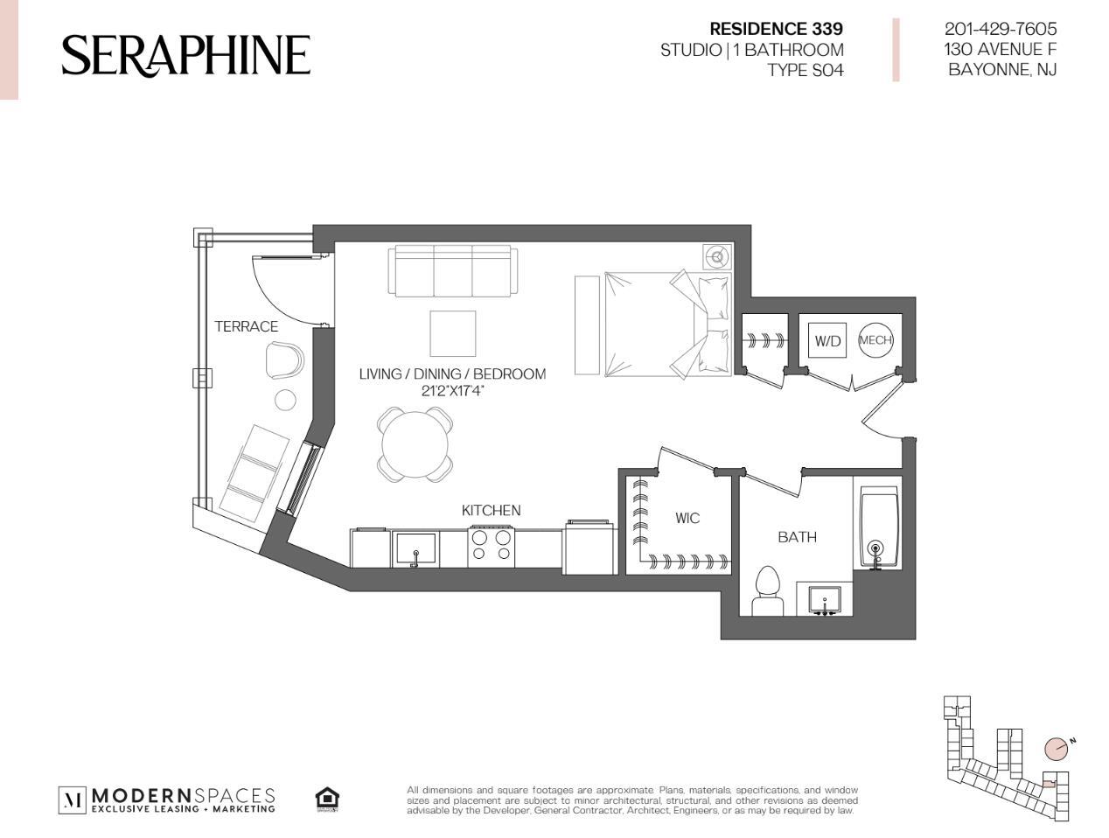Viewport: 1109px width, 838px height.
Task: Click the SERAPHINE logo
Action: pos(185,55)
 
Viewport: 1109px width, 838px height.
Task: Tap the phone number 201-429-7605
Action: pos(1001,29)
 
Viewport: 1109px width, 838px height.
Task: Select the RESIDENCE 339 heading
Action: pos(776,29)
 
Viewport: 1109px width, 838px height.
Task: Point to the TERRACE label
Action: pos(246,326)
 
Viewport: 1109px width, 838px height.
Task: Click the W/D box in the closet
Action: pos(827,340)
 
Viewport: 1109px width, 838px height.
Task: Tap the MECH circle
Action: pos(875,340)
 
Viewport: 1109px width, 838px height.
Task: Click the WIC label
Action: pos(687,518)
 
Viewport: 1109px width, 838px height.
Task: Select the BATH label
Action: pos(798,537)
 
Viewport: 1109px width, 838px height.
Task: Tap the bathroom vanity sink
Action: pos(825,601)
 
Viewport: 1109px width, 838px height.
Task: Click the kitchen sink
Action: pos(415,549)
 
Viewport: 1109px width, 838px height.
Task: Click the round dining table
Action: pos(415,444)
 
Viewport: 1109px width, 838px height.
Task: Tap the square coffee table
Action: pos(453,333)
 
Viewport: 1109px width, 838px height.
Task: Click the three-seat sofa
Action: pos(453,271)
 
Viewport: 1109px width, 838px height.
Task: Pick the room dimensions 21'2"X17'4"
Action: pos(452,391)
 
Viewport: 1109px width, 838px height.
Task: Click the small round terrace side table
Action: pos(285,400)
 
